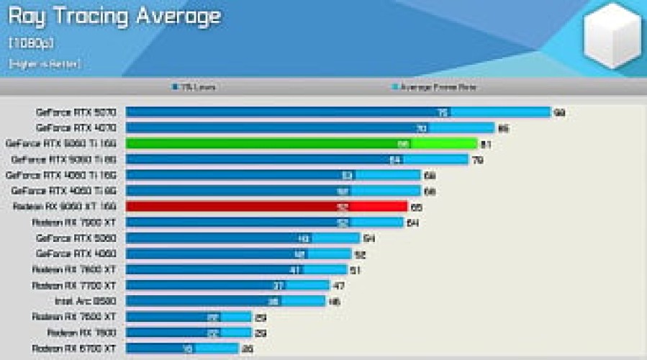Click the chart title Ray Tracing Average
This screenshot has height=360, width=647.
114,16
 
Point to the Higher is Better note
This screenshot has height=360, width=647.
45,64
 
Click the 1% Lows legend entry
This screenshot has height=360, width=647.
194,87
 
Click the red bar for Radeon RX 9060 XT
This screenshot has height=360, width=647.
266,206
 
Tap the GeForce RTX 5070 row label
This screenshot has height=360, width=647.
76,112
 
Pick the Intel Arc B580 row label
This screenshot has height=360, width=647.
85,301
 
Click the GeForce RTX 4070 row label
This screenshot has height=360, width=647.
76,128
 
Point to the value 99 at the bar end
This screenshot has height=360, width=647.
558,112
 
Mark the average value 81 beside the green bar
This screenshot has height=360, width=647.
487,144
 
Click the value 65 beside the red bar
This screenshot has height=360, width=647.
416,207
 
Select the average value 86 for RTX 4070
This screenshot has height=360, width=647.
503,128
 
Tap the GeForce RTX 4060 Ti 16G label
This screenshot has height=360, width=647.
60,175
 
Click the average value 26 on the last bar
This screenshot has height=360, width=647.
247,348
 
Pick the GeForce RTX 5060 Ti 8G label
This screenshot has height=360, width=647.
63,159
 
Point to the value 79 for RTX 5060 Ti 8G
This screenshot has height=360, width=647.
476,159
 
